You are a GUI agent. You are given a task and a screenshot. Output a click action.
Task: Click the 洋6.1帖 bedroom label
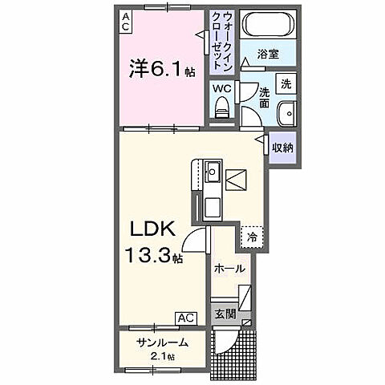162,70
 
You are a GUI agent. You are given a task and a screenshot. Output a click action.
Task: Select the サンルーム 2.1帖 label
162,348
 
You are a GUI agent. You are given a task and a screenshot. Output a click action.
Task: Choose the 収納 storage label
282,147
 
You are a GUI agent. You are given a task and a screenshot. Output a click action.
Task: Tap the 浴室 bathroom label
268,54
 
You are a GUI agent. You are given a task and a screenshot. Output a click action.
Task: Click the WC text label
222,90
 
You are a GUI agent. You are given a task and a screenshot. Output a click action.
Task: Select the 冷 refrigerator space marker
252,238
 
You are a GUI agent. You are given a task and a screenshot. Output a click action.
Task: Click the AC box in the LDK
185,318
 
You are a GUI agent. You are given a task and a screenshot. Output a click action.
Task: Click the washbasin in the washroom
286,113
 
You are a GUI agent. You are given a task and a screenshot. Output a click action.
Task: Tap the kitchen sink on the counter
212,172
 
